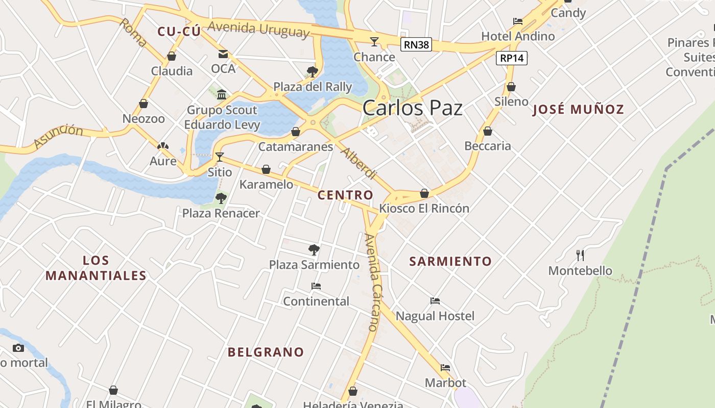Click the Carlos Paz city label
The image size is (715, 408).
(x=412, y=108)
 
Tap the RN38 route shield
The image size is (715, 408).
(x=416, y=45)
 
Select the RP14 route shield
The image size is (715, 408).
(x=512, y=58)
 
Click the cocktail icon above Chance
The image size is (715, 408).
(x=374, y=42)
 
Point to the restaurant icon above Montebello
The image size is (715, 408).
(x=580, y=255)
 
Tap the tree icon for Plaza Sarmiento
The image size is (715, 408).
(x=314, y=250)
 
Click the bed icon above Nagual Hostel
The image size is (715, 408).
(x=435, y=301)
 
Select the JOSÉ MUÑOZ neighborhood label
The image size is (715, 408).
(x=578, y=109)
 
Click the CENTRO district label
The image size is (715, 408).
(x=345, y=195)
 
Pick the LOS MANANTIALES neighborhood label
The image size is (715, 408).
(x=96, y=268)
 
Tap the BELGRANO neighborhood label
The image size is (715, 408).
(x=266, y=352)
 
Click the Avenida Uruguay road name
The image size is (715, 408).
(x=258, y=29)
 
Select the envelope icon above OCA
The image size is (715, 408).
(x=223, y=54)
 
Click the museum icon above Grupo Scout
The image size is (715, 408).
(x=222, y=94)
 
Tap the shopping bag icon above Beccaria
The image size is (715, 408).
(x=488, y=131)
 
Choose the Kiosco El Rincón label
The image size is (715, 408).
(x=424, y=208)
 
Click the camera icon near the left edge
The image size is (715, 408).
(x=18, y=348)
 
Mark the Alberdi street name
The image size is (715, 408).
(x=359, y=163)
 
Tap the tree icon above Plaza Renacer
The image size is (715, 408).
(x=221, y=198)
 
